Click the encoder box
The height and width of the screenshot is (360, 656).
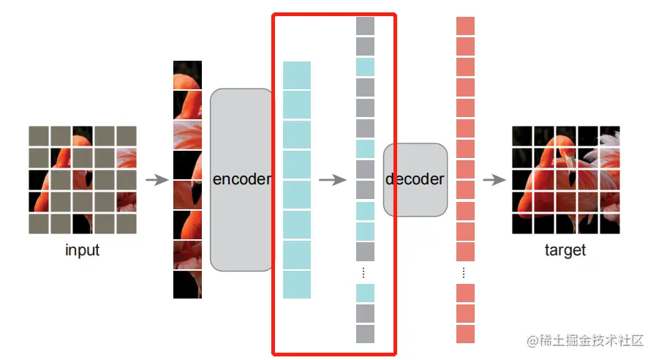[x=241, y=180]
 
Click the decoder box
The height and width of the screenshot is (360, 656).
[x=415, y=180]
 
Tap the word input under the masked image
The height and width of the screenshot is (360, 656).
[x=82, y=250]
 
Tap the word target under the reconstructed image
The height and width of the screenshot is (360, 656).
[x=565, y=250]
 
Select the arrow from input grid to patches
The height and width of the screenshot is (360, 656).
[x=157, y=180]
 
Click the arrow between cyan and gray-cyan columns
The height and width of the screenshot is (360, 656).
[x=333, y=180]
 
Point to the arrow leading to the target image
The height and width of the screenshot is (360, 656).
[x=494, y=180]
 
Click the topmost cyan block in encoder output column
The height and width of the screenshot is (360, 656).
[x=297, y=75]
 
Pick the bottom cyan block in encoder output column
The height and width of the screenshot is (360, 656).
[x=297, y=285]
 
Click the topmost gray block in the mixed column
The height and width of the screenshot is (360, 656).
[x=365, y=26]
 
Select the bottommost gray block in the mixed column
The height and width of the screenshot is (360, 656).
[x=365, y=334]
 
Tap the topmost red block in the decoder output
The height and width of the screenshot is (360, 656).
[x=465, y=26]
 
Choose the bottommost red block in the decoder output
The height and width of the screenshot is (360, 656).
[x=465, y=334]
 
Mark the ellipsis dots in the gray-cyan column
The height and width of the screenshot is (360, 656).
[x=364, y=272]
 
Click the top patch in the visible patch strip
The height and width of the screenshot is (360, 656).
[x=187, y=74]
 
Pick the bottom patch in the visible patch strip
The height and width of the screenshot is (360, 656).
[x=187, y=285]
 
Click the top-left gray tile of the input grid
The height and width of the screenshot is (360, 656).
[x=39, y=135]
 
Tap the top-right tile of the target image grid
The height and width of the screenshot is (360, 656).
[x=609, y=136]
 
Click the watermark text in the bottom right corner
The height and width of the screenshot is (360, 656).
[x=584, y=340]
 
